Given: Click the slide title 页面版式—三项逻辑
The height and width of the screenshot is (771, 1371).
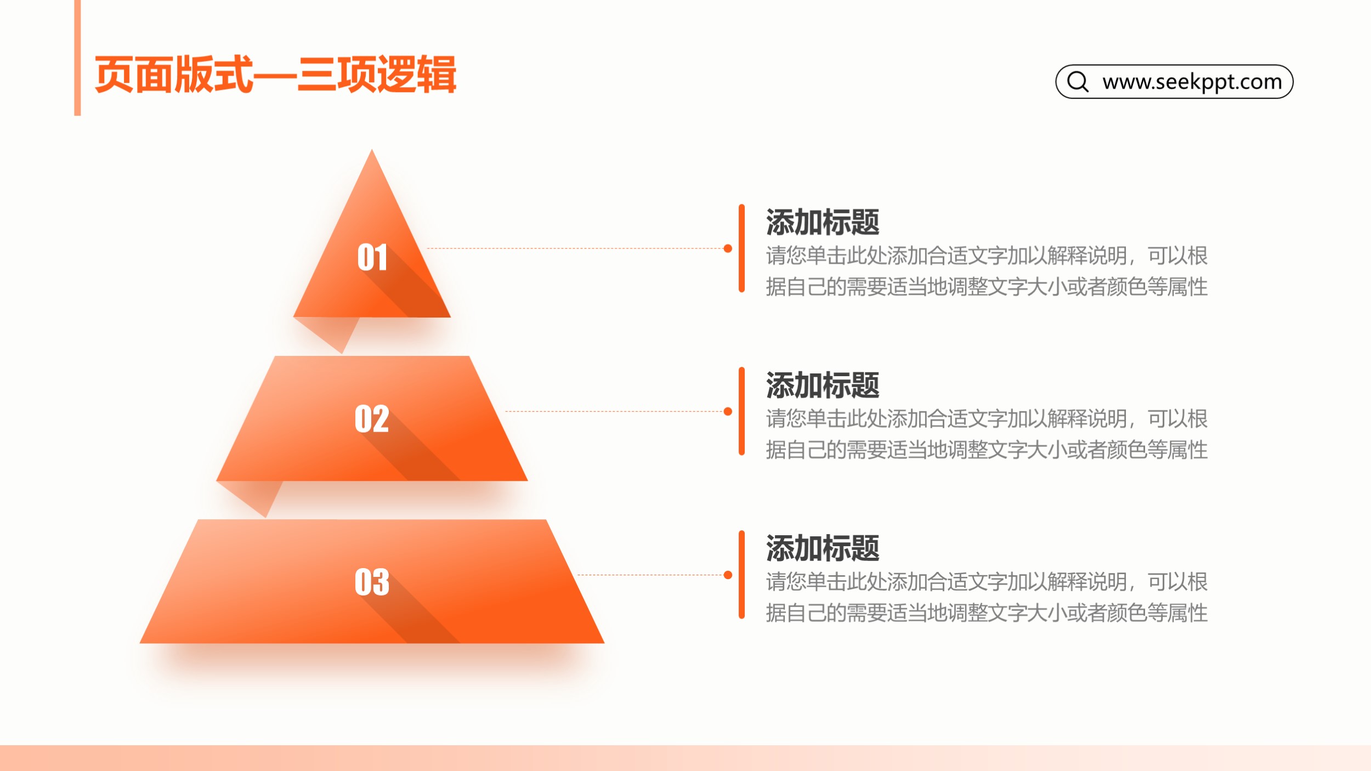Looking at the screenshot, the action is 275,75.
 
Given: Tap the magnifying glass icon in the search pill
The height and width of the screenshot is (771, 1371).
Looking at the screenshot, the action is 1078,82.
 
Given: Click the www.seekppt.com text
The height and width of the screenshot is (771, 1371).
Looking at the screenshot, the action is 1192,82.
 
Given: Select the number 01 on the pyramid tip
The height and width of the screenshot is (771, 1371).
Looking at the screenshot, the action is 372,257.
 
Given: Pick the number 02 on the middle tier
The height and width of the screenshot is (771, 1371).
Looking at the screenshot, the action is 372,418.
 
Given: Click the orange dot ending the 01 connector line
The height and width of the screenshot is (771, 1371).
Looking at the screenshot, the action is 728,248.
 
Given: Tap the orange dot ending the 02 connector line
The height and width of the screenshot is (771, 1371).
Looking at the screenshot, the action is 728,411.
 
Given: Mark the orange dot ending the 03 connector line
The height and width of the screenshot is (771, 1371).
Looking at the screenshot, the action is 728,575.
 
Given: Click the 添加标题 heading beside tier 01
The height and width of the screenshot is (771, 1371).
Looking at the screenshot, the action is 823,223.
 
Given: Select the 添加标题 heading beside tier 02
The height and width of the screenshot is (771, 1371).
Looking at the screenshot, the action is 823,385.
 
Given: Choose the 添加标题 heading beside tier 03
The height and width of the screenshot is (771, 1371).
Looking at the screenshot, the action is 823,548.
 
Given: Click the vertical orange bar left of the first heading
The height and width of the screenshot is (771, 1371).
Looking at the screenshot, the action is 741,248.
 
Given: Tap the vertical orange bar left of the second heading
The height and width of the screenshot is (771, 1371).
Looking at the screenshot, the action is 741,411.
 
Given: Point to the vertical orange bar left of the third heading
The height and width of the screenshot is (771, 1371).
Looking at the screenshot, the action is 741,575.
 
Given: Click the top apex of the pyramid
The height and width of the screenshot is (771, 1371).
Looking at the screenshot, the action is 372,149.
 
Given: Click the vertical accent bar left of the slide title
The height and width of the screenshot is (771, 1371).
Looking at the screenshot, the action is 77,58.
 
